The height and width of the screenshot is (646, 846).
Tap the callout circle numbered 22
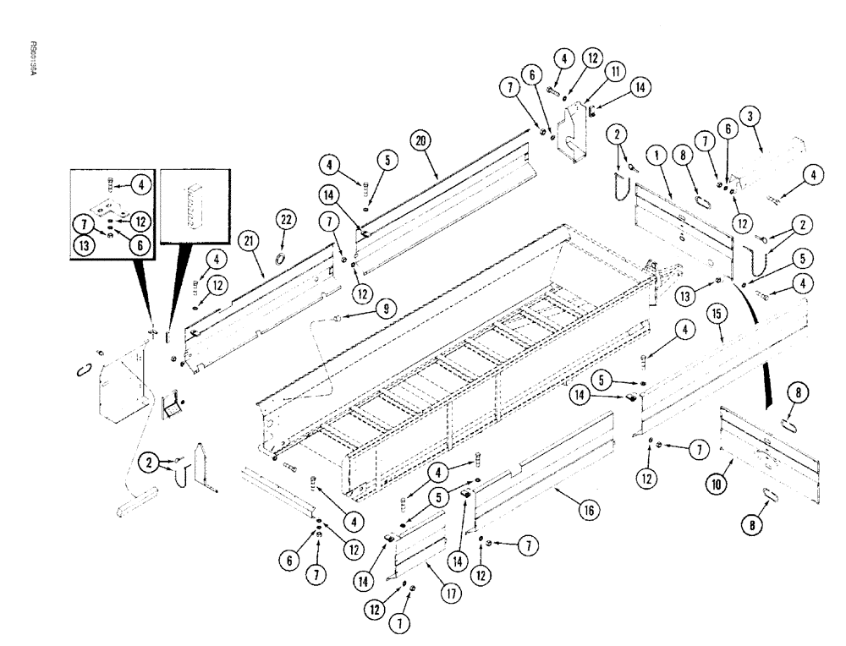click(284, 221)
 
